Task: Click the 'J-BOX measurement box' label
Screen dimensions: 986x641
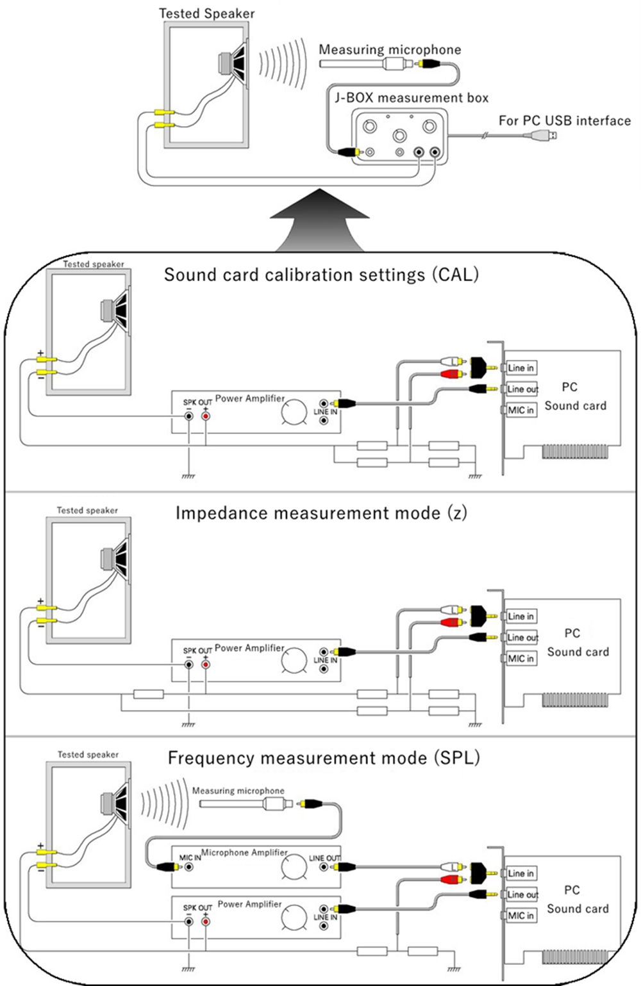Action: click(x=412, y=98)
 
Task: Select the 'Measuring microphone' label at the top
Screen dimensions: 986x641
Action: click(x=390, y=49)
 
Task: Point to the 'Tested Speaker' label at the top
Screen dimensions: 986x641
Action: click(x=206, y=13)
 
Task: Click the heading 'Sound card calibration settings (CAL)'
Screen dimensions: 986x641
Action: click(x=321, y=275)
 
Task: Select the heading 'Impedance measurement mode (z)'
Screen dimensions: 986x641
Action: click(x=321, y=513)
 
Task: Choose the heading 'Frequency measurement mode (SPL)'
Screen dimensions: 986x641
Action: click(x=324, y=758)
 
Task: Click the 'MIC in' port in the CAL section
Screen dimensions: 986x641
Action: click(x=520, y=410)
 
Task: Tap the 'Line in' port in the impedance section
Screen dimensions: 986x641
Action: click(x=520, y=617)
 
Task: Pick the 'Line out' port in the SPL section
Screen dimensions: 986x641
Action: click(x=522, y=894)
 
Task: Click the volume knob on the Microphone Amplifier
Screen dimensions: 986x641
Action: click(x=294, y=867)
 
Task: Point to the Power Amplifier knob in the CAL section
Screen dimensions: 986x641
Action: click(x=294, y=412)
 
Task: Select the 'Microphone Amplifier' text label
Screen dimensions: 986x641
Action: click(x=244, y=852)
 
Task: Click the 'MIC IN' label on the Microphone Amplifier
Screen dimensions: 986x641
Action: click(x=190, y=857)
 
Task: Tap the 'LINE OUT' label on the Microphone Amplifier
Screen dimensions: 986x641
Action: click(x=325, y=858)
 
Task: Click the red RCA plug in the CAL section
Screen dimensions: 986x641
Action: click(x=453, y=374)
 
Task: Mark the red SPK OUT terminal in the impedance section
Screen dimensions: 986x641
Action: click(x=206, y=665)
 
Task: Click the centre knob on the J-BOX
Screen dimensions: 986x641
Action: click(x=399, y=135)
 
